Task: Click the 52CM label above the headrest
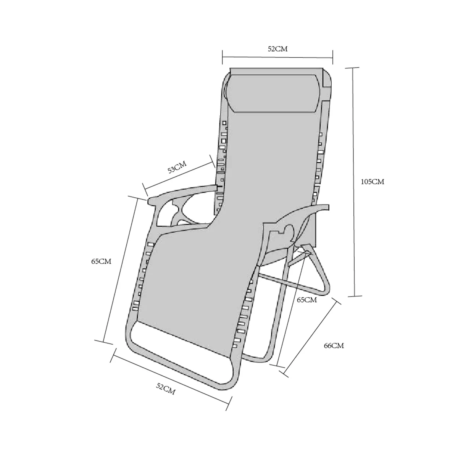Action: point(277,49)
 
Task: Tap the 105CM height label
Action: point(373,182)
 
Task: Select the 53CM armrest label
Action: point(177,167)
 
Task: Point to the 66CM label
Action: point(334,345)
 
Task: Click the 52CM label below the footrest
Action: point(166,389)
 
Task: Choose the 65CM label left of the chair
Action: point(101,261)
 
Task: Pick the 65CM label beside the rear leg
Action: point(307,300)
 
